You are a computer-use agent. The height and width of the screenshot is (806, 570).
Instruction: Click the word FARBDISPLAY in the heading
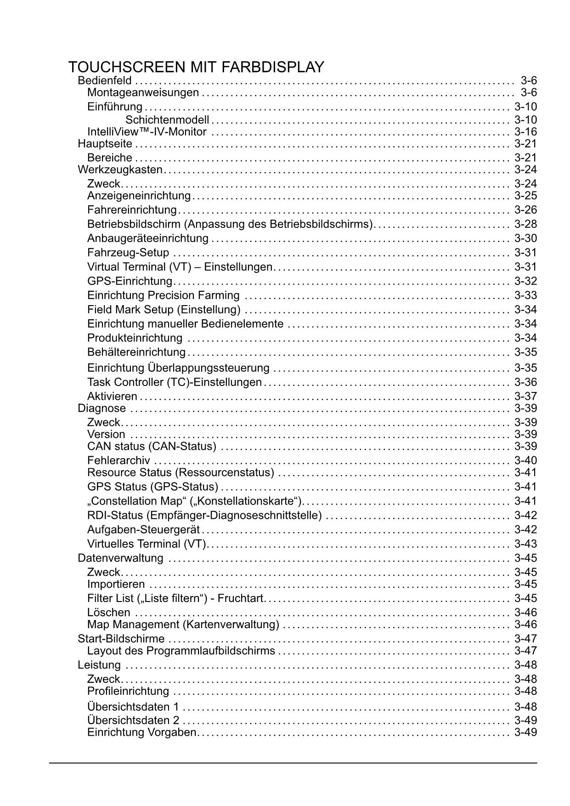[x=273, y=68]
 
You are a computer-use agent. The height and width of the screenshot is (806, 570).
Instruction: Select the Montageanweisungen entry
[x=143, y=93]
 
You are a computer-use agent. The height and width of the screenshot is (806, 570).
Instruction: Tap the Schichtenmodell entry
[x=167, y=120]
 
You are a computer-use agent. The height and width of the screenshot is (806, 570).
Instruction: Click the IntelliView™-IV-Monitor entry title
[x=147, y=132]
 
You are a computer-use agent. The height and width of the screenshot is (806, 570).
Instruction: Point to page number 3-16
[x=525, y=132]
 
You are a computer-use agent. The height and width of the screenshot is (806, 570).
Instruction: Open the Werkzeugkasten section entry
[x=120, y=170]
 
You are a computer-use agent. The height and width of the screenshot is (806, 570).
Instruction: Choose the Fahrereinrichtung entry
[x=132, y=210]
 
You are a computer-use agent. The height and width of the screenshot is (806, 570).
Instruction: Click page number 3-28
[x=525, y=224]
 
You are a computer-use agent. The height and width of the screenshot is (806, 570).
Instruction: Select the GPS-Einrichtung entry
[x=130, y=281]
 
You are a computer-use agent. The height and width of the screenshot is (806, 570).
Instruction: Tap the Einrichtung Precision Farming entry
[x=163, y=295]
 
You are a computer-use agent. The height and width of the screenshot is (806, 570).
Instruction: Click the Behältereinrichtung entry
[x=136, y=352]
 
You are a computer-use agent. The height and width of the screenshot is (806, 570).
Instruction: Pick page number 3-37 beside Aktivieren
[x=525, y=396]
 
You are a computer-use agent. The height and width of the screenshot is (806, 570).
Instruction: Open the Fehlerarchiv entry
[x=119, y=460]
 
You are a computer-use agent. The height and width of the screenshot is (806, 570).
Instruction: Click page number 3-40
[x=525, y=460]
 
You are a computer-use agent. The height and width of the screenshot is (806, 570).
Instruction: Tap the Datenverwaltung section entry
[x=120, y=558]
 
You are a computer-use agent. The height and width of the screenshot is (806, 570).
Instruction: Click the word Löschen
[x=108, y=613]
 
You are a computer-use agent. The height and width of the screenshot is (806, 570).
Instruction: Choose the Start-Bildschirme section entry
[x=121, y=639]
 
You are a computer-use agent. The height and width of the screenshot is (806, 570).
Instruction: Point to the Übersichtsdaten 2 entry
[x=133, y=720]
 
